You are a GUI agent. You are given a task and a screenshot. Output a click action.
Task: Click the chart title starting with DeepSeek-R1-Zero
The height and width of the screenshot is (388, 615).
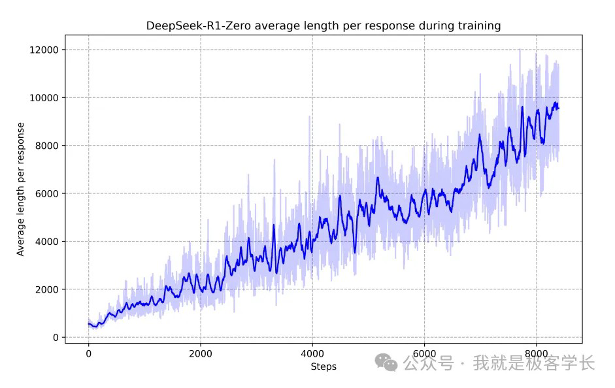(323, 26)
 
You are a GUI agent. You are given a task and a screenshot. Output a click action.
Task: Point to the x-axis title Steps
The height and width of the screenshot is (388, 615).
(324, 366)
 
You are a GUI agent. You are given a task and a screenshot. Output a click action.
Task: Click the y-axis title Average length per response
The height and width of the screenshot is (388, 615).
(20, 189)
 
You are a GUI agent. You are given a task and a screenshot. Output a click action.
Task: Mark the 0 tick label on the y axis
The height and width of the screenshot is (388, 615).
(56, 338)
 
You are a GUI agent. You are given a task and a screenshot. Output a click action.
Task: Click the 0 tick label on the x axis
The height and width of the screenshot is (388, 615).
(88, 354)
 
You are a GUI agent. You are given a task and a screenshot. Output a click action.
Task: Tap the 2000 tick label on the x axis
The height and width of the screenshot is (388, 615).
(200, 354)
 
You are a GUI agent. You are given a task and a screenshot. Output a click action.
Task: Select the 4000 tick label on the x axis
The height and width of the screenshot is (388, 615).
(312, 354)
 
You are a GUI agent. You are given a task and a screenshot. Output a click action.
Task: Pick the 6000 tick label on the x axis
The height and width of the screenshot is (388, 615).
(424, 354)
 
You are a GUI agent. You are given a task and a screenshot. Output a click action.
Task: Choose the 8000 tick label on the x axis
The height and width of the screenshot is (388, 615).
(536, 354)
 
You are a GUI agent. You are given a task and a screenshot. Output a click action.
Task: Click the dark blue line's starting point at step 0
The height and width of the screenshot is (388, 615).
(89, 323)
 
